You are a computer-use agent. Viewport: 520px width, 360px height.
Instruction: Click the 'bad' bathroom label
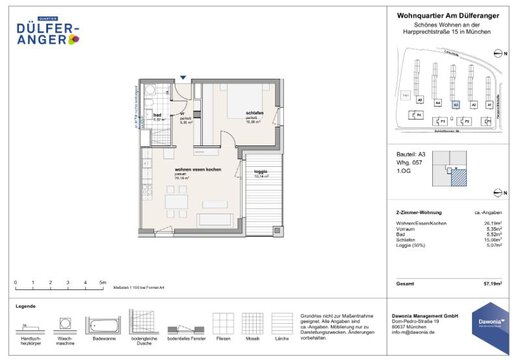point(157,114)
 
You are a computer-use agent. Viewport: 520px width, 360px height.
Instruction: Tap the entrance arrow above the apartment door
point(187,79)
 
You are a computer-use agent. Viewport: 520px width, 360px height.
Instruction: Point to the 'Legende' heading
point(27,304)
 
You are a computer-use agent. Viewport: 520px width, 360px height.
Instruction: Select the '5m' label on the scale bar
point(102,282)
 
